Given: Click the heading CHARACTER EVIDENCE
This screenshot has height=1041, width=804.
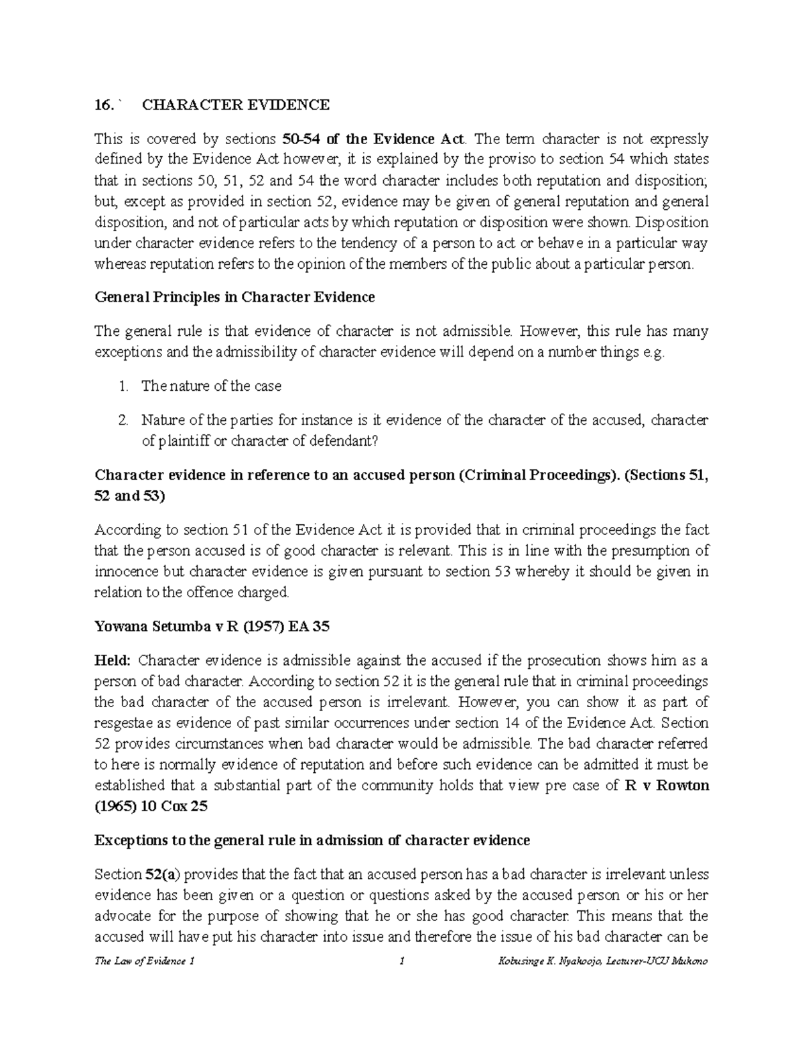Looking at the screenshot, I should click(x=235, y=105).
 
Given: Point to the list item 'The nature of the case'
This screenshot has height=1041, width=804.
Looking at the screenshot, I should click(x=211, y=386).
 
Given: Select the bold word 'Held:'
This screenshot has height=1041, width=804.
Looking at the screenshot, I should click(x=112, y=661).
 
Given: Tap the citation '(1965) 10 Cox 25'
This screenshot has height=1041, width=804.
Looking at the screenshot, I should click(x=151, y=806).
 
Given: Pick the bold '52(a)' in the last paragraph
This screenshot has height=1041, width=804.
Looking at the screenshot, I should click(x=163, y=875).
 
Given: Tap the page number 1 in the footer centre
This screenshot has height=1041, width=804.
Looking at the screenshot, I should click(x=401, y=961).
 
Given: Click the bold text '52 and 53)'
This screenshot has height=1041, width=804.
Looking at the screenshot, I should click(x=127, y=496).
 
